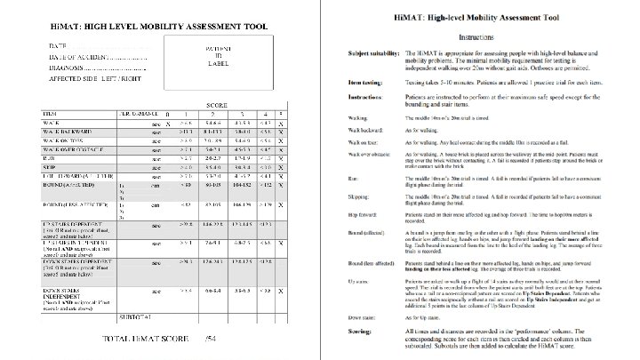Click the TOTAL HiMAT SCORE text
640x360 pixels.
[x=132, y=339]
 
